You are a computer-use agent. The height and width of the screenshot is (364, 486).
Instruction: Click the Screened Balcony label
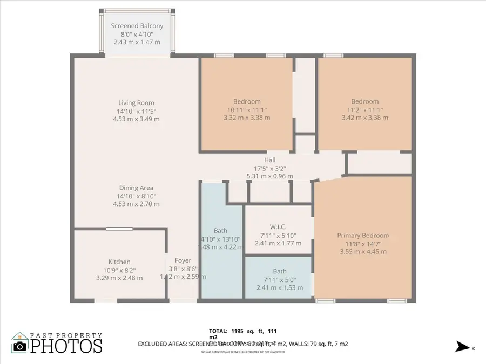pos(137,26)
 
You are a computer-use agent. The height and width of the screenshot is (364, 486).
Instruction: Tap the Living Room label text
pos(137,103)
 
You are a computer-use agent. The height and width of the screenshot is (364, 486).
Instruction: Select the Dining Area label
pos(137,188)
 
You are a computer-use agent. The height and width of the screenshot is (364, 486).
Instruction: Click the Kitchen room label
pos(119,262)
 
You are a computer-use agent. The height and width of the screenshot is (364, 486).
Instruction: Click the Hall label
pos(269,160)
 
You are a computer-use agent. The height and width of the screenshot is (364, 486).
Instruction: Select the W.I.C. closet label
pos(278,226)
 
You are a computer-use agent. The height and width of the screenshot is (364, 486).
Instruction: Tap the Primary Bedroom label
pos(363,236)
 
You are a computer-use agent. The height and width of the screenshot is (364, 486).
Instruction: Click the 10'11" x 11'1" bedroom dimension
pos(247,109)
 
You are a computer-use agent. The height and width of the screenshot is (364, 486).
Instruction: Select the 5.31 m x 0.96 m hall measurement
pos(269,176)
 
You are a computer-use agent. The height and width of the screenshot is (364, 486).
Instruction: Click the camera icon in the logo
pos(19,345)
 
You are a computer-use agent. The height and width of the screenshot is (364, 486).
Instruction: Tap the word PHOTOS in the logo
pos(66,346)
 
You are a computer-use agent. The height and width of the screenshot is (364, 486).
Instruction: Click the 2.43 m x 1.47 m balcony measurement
pos(137,42)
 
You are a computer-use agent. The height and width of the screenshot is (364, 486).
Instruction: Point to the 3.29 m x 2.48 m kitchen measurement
pos(119,278)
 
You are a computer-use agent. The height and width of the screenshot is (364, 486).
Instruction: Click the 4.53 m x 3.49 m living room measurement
pos(137,119)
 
